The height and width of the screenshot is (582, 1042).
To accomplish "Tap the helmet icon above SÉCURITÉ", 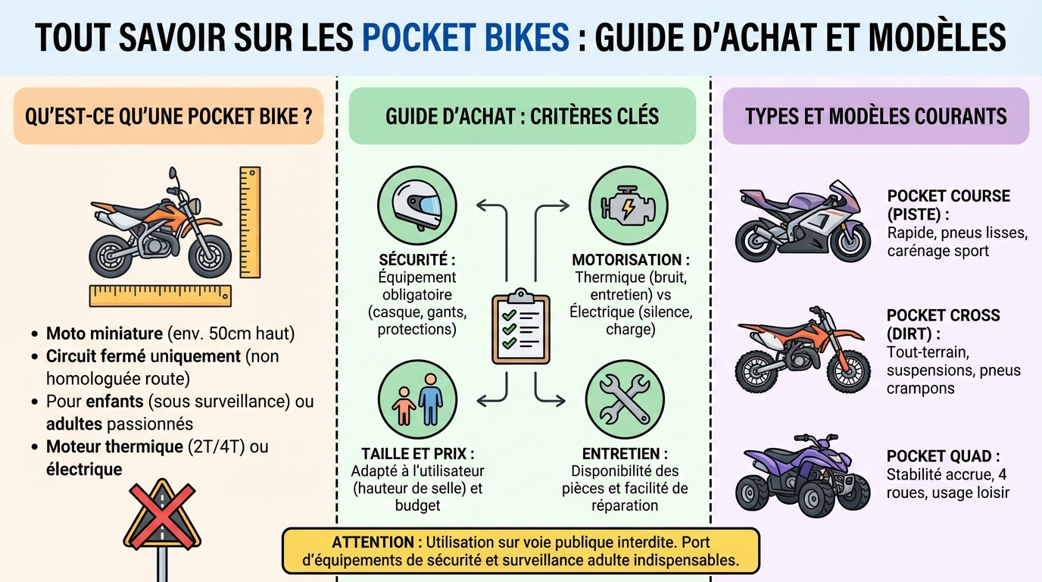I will (x=416, y=205).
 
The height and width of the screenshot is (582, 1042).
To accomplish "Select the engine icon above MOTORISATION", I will (x=628, y=205).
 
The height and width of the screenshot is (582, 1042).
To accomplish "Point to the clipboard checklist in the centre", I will (x=521, y=327).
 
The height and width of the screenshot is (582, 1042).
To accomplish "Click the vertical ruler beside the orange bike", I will (x=250, y=221).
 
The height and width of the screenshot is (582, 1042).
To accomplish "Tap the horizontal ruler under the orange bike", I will (x=160, y=296).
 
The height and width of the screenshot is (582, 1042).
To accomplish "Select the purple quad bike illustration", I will (x=803, y=476).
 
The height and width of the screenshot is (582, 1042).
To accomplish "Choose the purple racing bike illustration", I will (x=803, y=221).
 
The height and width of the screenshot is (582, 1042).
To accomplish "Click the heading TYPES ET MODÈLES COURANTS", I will (x=875, y=116).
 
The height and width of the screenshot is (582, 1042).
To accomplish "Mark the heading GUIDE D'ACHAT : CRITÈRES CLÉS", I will (x=522, y=116).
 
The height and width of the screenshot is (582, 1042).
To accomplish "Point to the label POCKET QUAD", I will (x=942, y=456).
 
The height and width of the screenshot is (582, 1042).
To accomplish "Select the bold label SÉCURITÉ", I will (x=416, y=259).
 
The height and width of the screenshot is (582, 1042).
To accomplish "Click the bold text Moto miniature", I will (x=105, y=333).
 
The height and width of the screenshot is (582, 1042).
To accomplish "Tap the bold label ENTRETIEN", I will (x=625, y=453).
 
